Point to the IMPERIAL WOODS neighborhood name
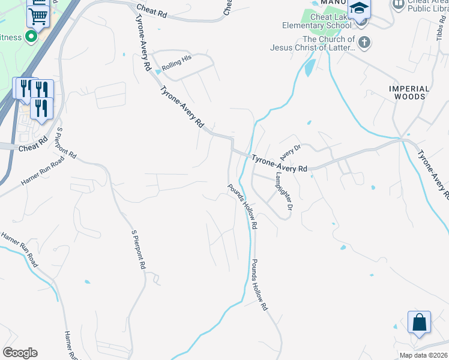[x=409, y=92]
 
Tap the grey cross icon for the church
[x=364, y=42]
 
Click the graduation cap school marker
[x=359, y=10]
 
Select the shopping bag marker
[x=419, y=322]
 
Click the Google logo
[x=20, y=353]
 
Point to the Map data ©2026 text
[x=423, y=355]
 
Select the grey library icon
[x=398, y=4]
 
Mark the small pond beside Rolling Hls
[x=158, y=71]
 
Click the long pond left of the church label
[x=309, y=67]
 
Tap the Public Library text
[x=427, y=8]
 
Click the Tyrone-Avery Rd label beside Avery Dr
[x=279, y=164]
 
